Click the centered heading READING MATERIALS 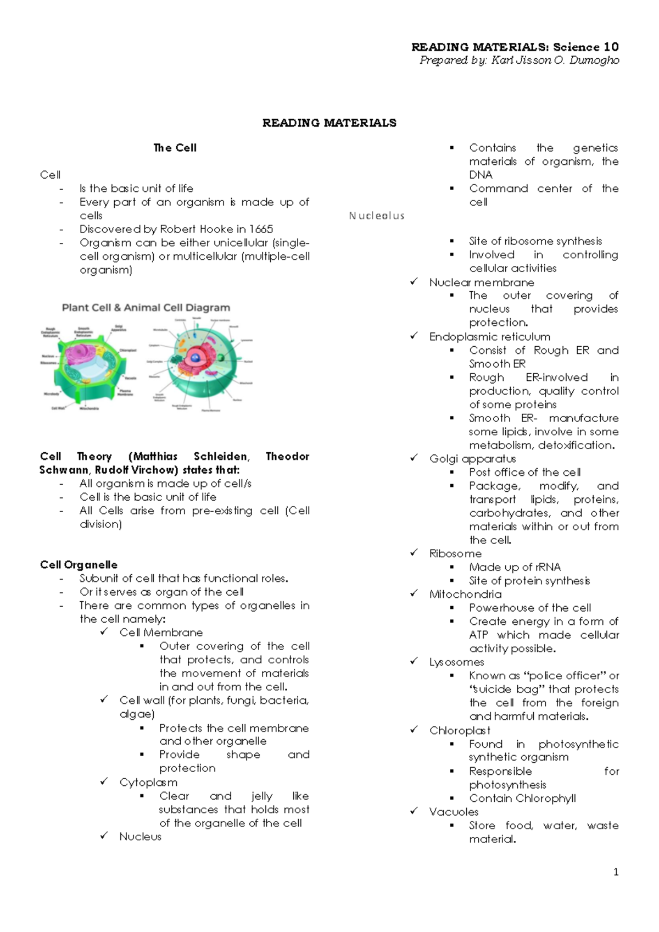click(329, 123)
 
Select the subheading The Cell click(175, 148)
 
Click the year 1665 click(261, 229)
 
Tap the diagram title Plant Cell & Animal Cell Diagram click(146, 308)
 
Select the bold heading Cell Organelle click(79, 565)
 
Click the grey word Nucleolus click(377, 216)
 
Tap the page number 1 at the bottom click(616, 872)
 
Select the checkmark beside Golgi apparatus click(414, 458)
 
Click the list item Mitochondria click(465, 594)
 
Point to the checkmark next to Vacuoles click(414, 811)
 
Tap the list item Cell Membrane click(161, 633)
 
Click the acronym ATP click(479, 635)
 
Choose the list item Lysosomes click(456, 662)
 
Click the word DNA click(481, 175)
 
